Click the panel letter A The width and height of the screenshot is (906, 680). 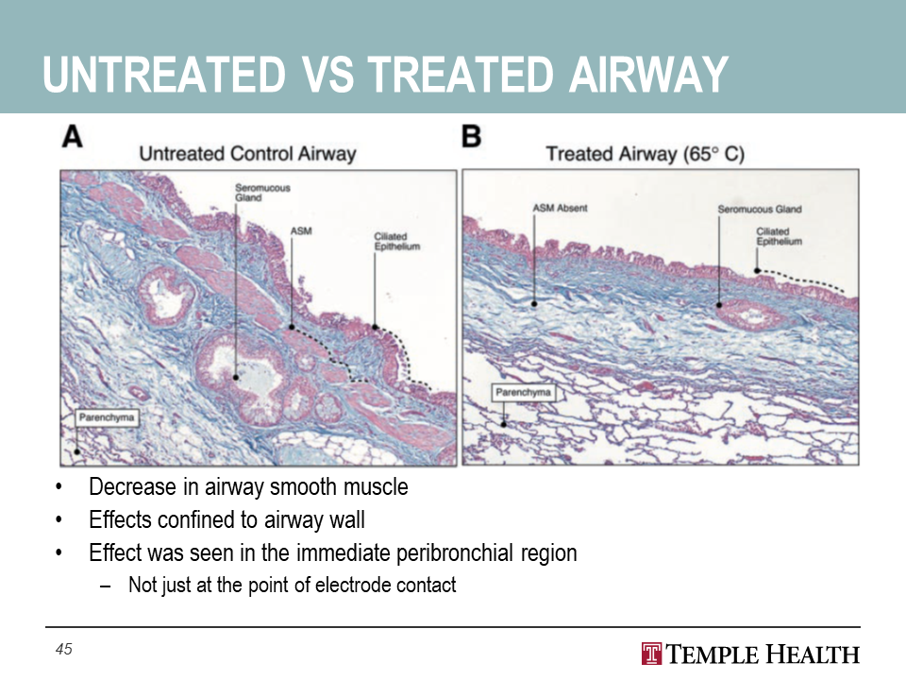click(x=73, y=137)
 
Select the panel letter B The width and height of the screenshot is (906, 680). click(x=472, y=137)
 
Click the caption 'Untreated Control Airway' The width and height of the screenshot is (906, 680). click(x=247, y=154)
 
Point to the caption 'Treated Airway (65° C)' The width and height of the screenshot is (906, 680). click(x=645, y=154)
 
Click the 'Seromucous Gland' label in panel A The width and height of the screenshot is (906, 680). click(x=262, y=193)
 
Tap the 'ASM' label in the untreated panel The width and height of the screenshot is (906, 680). click(x=301, y=231)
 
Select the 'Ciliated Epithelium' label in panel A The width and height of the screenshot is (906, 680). click(x=397, y=241)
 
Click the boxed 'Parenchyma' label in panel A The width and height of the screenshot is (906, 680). click(x=107, y=417)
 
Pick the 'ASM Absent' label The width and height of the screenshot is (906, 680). click(x=560, y=208)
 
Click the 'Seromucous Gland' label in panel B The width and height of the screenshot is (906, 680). click(x=760, y=210)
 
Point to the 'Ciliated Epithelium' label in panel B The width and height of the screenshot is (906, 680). click(x=780, y=236)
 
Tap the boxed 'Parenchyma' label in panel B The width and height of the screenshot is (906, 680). click(x=523, y=393)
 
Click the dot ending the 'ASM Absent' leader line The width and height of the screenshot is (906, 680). click(x=534, y=303)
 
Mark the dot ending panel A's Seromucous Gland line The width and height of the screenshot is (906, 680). click(x=236, y=378)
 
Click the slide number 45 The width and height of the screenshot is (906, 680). click(x=63, y=649)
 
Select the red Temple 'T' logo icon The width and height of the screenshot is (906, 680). click(x=651, y=654)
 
